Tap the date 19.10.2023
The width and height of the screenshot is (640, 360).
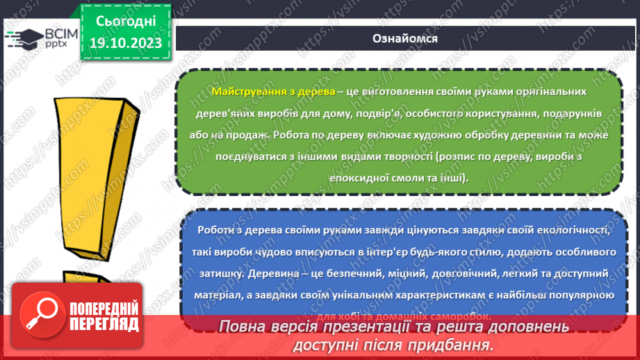point(126,44)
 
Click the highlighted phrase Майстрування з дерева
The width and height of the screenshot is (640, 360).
point(273,92)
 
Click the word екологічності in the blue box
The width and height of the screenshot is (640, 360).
point(564,230)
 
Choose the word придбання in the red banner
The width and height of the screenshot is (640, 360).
point(451,344)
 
